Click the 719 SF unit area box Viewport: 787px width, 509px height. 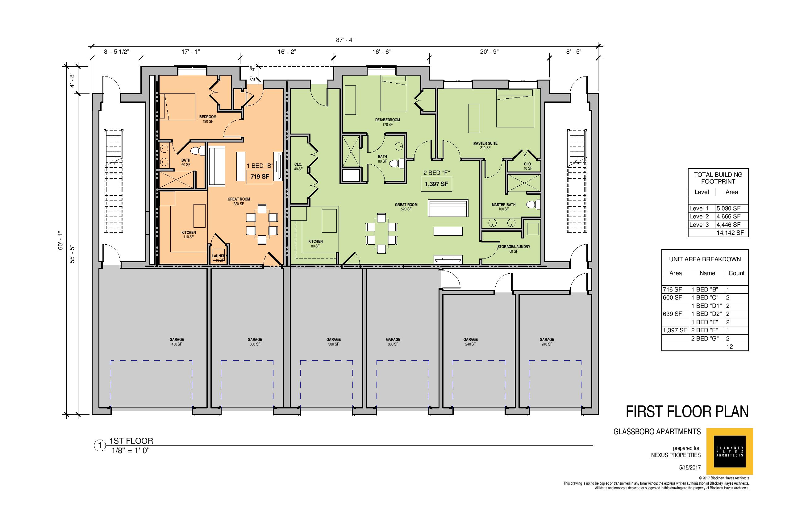[260, 176]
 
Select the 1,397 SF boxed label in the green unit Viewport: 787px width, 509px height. [436, 184]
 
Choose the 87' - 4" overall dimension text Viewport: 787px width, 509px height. [345, 40]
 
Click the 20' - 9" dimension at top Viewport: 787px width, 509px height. [489, 52]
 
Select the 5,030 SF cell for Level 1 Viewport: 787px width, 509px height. [728, 209]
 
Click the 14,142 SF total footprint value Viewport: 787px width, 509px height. [730, 233]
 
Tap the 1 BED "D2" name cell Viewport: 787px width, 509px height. [707, 314]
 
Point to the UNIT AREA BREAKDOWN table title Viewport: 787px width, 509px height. [705, 259]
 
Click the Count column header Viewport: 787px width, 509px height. [736, 273]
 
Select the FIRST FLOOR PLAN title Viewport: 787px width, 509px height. [687, 412]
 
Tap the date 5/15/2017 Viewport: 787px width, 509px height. [690, 468]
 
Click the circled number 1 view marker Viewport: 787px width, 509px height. [99, 446]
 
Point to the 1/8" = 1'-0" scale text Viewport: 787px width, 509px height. [131, 451]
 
